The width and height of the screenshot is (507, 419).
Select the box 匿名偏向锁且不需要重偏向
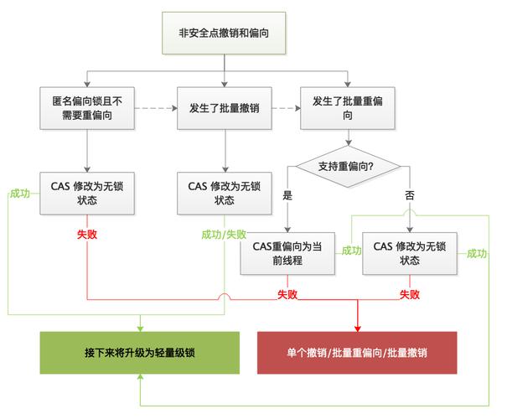click(88, 108)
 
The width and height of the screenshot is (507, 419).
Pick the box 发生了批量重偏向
click(348, 108)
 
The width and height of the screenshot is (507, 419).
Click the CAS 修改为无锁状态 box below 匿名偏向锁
click(88, 194)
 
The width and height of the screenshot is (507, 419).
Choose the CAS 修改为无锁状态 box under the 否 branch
click(410, 254)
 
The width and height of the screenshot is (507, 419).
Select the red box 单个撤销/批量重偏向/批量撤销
click(356, 353)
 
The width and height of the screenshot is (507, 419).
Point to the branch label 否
click(410, 194)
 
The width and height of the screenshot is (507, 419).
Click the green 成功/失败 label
click(224, 234)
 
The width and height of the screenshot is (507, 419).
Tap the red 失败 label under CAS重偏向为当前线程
click(288, 294)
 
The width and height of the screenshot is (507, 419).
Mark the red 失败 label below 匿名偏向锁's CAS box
click(87, 234)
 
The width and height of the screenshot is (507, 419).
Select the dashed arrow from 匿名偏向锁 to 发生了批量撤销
click(157, 108)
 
